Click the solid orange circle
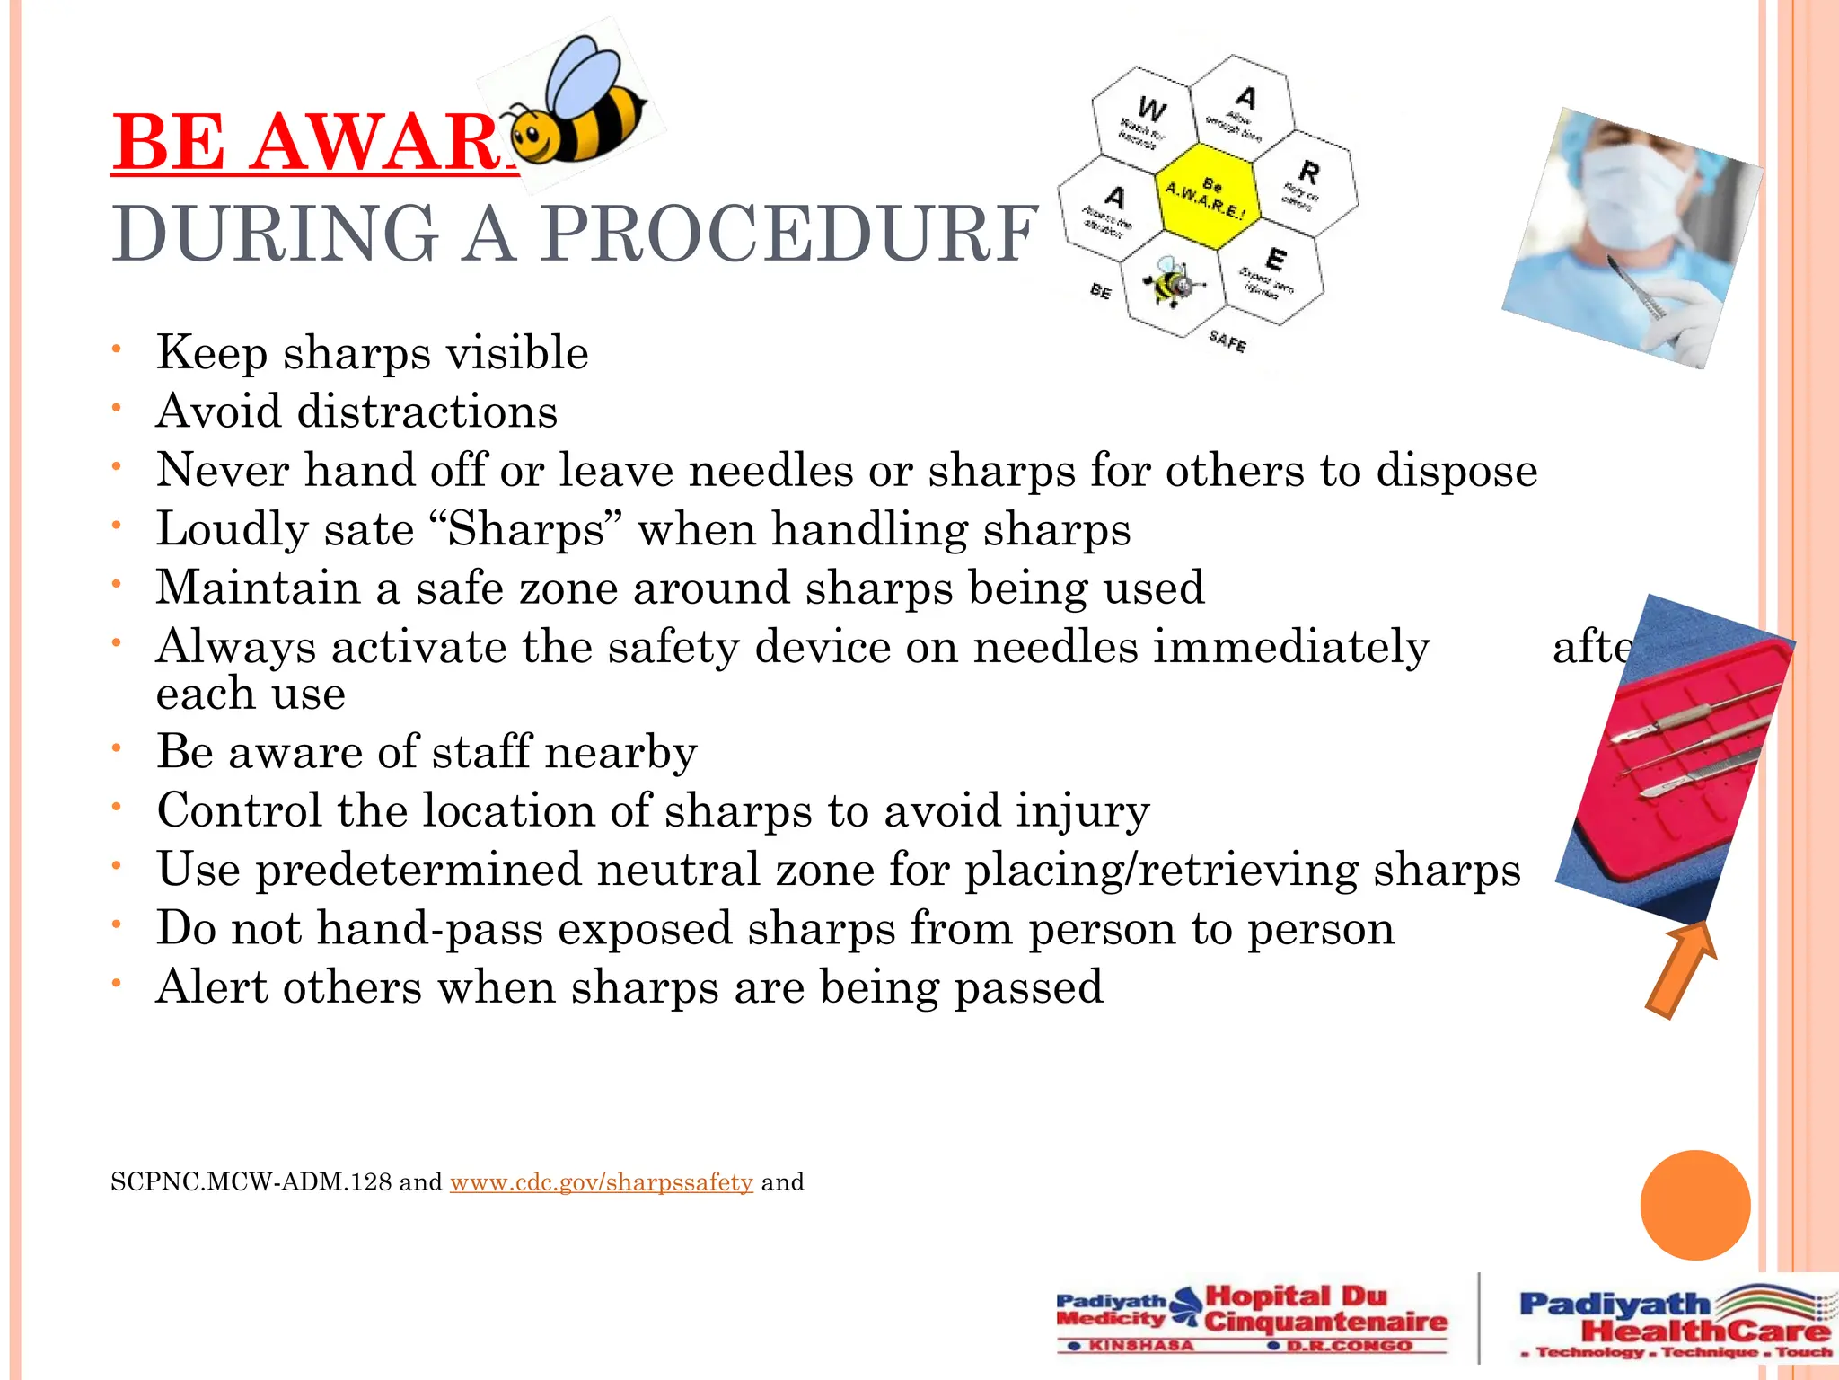point(1694,1205)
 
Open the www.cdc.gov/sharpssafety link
point(601,1182)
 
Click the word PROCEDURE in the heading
point(790,234)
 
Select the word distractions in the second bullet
point(427,411)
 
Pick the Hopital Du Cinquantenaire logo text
point(1324,1309)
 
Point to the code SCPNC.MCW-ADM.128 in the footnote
point(251,1182)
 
